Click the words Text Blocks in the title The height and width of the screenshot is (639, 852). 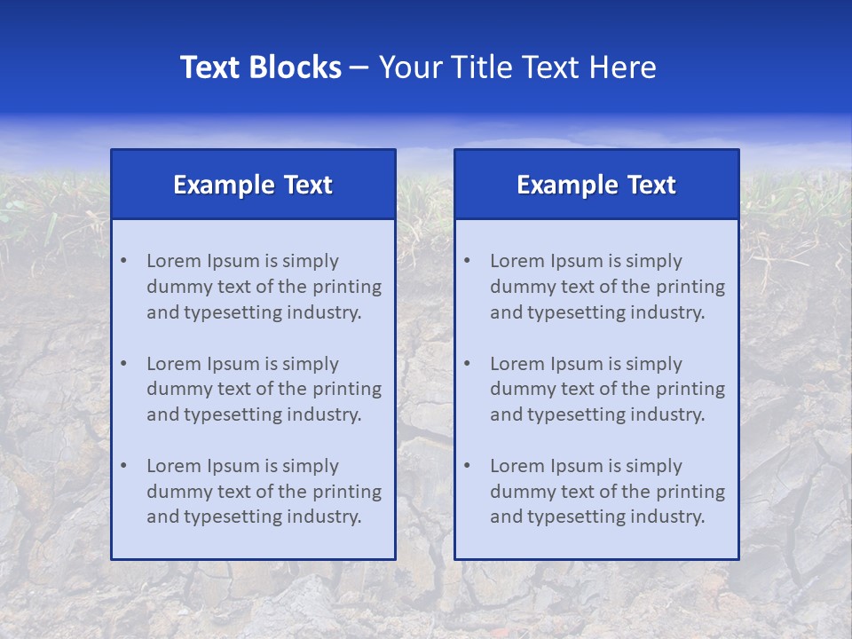pos(260,67)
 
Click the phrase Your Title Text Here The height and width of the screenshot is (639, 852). pos(517,67)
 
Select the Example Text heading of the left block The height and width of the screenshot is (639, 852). pos(253,185)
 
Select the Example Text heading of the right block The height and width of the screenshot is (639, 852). pos(596,185)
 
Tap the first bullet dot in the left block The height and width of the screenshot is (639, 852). pos(123,261)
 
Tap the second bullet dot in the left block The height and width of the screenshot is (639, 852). pos(123,364)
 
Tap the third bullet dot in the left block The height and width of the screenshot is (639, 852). pos(123,466)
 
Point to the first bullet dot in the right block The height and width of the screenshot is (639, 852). pos(467,261)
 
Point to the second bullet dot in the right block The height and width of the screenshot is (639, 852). pos(467,364)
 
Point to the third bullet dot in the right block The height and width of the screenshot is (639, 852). pos(467,466)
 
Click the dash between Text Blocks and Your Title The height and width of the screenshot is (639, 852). pos(359,67)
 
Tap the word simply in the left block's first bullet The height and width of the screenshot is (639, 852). pos(311,261)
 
